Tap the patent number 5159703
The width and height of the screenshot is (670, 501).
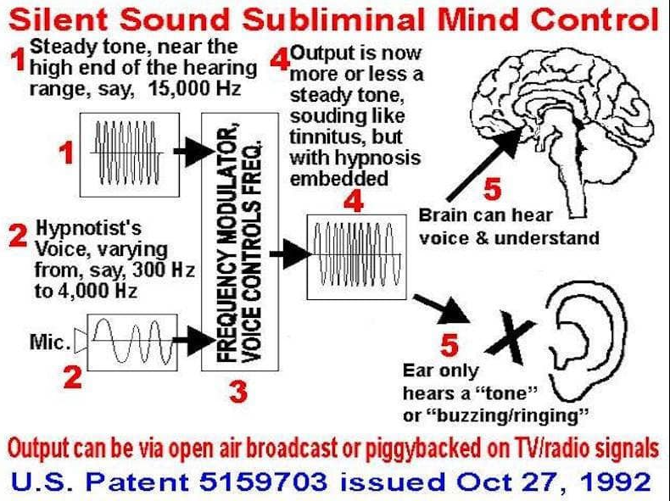263,481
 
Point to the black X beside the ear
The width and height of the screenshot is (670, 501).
511,337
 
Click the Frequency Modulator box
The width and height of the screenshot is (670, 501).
240,242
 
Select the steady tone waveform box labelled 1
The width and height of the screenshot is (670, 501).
130,154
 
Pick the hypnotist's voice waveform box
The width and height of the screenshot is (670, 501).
132,342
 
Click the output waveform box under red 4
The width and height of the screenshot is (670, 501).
356,257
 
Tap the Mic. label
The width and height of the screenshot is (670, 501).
49,342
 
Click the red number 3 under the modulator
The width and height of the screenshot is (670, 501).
238,392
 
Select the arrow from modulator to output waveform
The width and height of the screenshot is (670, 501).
291,254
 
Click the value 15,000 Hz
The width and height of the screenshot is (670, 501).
194,88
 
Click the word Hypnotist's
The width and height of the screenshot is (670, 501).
88,229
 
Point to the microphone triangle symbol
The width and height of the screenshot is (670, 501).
81,341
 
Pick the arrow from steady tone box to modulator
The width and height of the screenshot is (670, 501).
194,151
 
